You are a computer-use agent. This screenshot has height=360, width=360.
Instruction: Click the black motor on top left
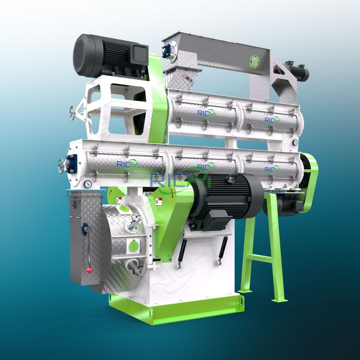click(x=108, y=55)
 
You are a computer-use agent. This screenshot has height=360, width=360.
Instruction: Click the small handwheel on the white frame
click(x=73, y=112)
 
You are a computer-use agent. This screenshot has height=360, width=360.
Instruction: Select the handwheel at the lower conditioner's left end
click(x=62, y=165)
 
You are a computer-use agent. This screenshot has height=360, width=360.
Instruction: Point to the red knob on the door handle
click(x=89, y=269)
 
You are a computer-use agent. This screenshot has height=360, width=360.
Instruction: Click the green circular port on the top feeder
click(x=255, y=61)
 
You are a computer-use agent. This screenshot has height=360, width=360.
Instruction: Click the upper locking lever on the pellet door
click(x=135, y=223)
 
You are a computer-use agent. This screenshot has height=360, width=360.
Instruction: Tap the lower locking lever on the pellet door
click(x=131, y=265)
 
